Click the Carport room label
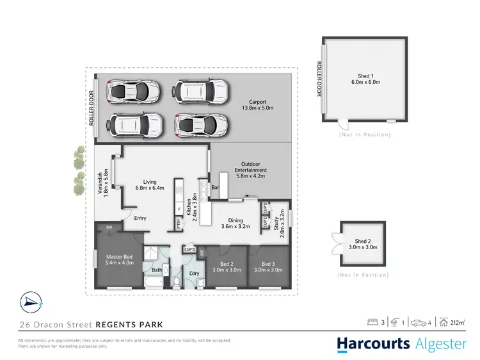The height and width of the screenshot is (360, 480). pos(257,104)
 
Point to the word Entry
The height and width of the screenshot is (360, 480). pos(140,218)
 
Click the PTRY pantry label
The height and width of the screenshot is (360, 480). pos(179,224)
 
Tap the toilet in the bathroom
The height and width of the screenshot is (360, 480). pos(177,281)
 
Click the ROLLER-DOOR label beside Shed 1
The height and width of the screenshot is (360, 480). pos(318,79)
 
